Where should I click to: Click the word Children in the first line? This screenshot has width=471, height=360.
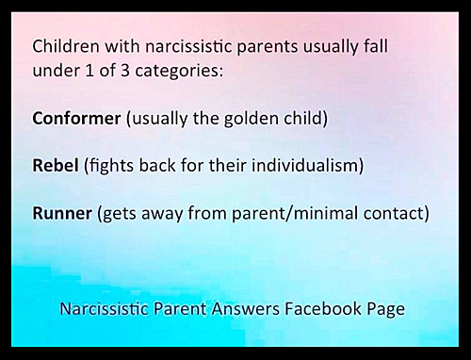[x=66, y=46]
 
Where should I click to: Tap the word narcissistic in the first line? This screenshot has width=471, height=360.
[x=188, y=46]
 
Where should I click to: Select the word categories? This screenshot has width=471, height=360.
[x=179, y=72]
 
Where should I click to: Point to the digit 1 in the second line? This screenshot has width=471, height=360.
[x=89, y=70]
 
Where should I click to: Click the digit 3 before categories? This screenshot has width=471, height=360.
[x=125, y=70]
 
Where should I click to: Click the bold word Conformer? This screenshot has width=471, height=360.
[x=76, y=119]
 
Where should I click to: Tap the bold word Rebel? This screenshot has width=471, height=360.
[x=56, y=165]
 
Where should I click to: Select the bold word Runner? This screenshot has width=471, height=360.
[x=62, y=213]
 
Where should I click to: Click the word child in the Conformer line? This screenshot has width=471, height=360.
[x=306, y=119]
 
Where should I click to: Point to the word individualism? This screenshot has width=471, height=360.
[x=307, y=165]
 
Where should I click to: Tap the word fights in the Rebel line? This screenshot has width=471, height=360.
[x=109, y=166]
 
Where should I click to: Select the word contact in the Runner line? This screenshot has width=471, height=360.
[x=396, y=213]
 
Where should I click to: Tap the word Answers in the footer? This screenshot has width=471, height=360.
[x=245, y=308]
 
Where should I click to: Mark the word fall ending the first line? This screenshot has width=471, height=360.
[x=376, y=46]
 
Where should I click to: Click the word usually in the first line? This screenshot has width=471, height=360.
[x=331, y=47]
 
